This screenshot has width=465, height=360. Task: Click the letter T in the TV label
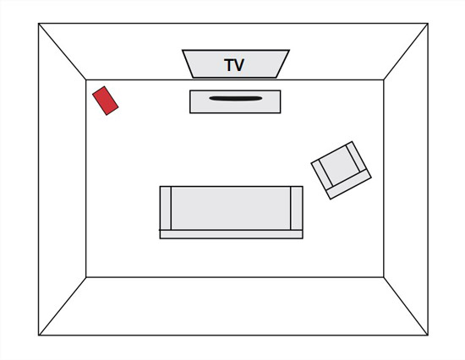tap(229, 64)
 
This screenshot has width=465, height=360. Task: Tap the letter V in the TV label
tap(239, 64)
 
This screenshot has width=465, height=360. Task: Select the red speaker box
tap(106, 101)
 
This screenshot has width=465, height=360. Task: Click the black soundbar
tap(236, 99)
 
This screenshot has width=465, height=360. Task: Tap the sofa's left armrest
tap(166, 208)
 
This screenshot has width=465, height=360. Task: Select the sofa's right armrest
tap(297, 208)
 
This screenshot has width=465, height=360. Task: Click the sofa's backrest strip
tap(232, 234)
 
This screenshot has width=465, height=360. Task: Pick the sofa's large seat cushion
tap(231, 208)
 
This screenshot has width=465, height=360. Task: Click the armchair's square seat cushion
tap(340, 166)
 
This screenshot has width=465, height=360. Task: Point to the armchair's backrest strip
tap(348, 188)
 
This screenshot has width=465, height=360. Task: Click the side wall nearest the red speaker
tap(63, 179)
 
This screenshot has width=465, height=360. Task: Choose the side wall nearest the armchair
tap(406, 179)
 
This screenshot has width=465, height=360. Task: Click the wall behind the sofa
tap(234, 306)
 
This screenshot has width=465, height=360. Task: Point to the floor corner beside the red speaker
tap(86, 79)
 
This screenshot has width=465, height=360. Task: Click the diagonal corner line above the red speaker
tap(63, 52)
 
